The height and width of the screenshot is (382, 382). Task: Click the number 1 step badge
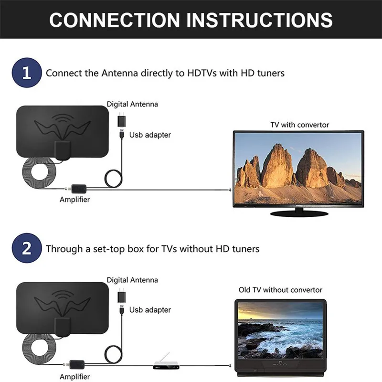26,73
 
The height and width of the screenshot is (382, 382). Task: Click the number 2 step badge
26,249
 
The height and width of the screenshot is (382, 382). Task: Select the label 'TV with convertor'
299,125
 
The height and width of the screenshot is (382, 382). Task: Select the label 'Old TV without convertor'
280,290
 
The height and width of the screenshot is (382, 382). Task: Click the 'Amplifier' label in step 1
74,200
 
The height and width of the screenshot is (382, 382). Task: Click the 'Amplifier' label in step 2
74,376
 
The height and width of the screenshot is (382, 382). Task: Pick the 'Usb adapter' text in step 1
150,135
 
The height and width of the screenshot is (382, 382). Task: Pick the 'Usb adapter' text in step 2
150,310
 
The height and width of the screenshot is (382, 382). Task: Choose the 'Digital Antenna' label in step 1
132,104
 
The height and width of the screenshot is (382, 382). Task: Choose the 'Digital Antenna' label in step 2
132,280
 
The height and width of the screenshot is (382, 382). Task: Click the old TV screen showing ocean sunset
281,332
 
